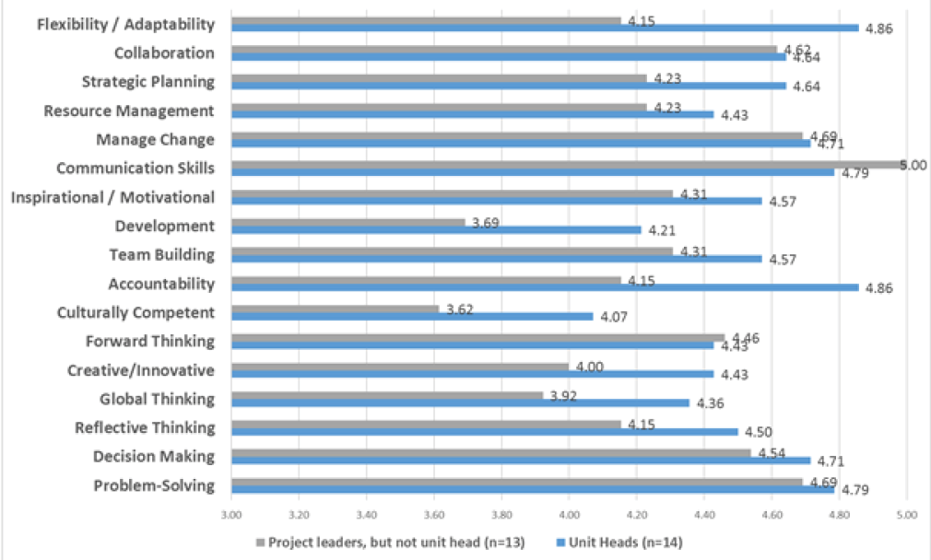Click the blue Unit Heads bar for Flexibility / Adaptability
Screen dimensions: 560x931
(x=544, y=29)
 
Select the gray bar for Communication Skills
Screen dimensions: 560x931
(x=567, y=164)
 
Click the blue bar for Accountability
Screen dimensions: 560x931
(x=544, y=287)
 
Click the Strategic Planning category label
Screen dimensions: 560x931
(x=147, y=82)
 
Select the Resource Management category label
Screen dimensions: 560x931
(x=129, y=111)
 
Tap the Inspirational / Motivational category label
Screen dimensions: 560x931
(x=112, y=197)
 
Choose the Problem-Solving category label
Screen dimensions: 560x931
(x=154, y=485)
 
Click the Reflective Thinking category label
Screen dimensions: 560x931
(x=145, y=427)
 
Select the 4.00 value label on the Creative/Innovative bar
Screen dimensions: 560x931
(x=589, y=367)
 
